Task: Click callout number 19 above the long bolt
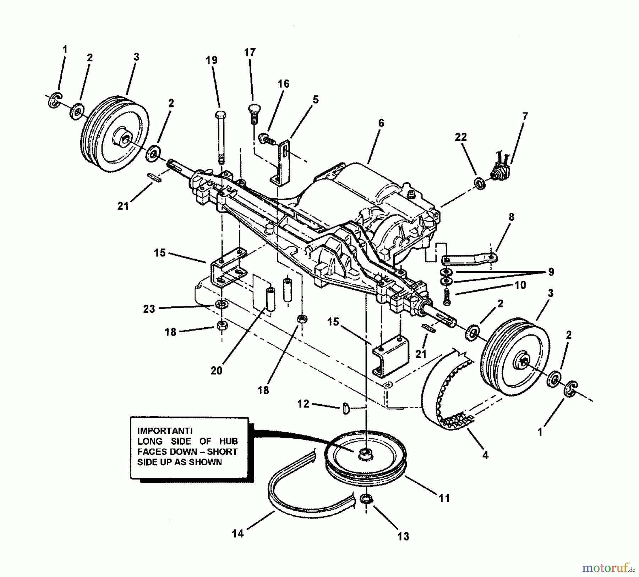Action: [212, 60]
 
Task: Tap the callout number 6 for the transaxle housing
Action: [381, 123]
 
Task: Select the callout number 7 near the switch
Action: [525, 116]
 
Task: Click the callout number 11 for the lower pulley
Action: [444, 498]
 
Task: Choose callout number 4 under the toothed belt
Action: [485, 455]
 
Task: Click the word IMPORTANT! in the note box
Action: [165, 431]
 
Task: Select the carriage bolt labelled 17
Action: [253, 110]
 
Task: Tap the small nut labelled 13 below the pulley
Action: [366, 499]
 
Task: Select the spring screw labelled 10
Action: [447, 296]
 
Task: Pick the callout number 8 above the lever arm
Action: [511, 217]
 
